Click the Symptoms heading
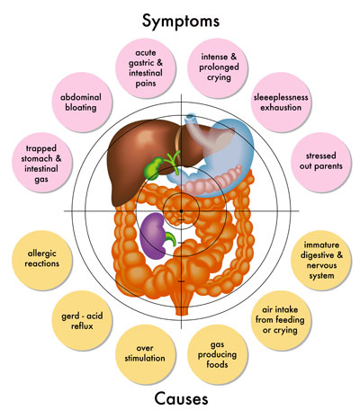181,19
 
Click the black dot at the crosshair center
181,209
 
